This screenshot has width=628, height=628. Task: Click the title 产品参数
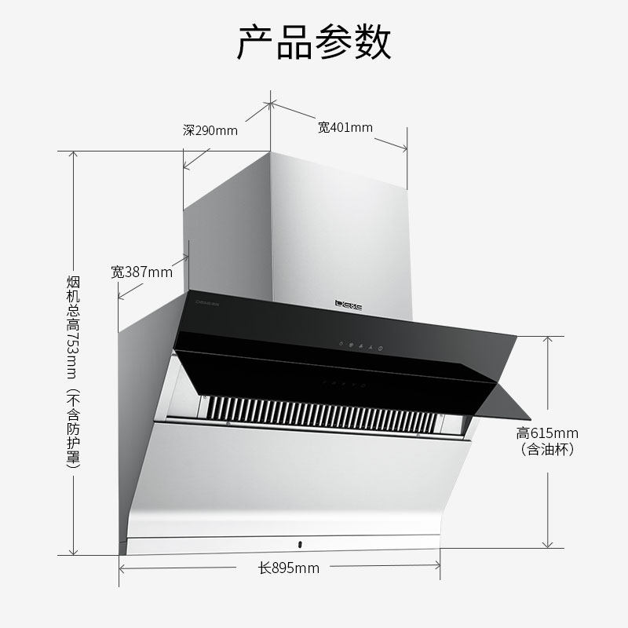[314, 43]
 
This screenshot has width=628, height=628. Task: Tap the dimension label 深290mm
[210, 131]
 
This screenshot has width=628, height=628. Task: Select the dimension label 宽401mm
[345, 127]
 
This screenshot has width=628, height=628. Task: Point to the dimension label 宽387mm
[141, 272]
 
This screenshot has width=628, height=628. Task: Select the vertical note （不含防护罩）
[74, 428]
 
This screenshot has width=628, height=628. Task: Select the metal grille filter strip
[330, 409]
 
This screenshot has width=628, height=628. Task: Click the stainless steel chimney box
[338, 228]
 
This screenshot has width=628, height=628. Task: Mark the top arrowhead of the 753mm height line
[75, 154]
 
